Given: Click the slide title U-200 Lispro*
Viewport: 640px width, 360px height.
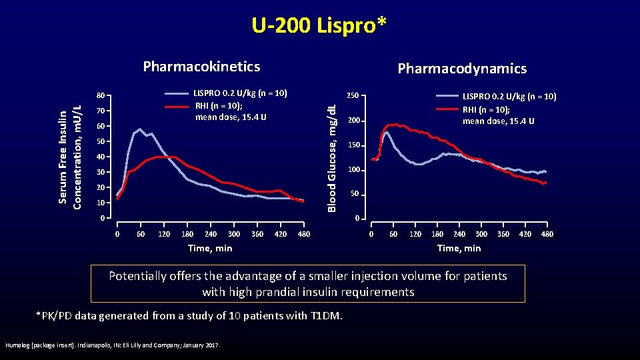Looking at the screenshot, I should [319, 25].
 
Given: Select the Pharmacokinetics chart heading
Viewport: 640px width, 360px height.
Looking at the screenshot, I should [201, 67].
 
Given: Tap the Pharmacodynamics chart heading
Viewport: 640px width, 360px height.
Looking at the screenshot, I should [461, 69].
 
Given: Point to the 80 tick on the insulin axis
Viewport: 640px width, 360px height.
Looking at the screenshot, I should [99, 95].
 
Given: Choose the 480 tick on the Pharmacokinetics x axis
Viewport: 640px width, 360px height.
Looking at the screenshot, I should [303, 234].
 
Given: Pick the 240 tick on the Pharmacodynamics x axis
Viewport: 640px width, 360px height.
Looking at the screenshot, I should [459, 234].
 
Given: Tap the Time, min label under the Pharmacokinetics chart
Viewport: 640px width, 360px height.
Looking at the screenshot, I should [210, 248].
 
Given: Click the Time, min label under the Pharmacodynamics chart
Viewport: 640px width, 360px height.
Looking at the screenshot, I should [458, 248].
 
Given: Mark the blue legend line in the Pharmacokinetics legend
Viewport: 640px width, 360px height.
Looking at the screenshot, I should [177, 94].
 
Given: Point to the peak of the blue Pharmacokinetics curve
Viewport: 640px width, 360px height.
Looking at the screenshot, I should [139, 129].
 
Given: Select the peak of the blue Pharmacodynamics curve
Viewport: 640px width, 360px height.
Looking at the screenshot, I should [386, 132].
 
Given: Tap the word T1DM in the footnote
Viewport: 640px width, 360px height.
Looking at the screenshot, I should [327, 315].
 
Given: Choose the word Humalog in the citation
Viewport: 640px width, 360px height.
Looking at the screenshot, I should [17, 345].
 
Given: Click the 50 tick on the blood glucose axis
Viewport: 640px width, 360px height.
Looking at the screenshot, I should [355, 194].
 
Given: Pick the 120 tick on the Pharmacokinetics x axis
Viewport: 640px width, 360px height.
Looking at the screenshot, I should [163, 234].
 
